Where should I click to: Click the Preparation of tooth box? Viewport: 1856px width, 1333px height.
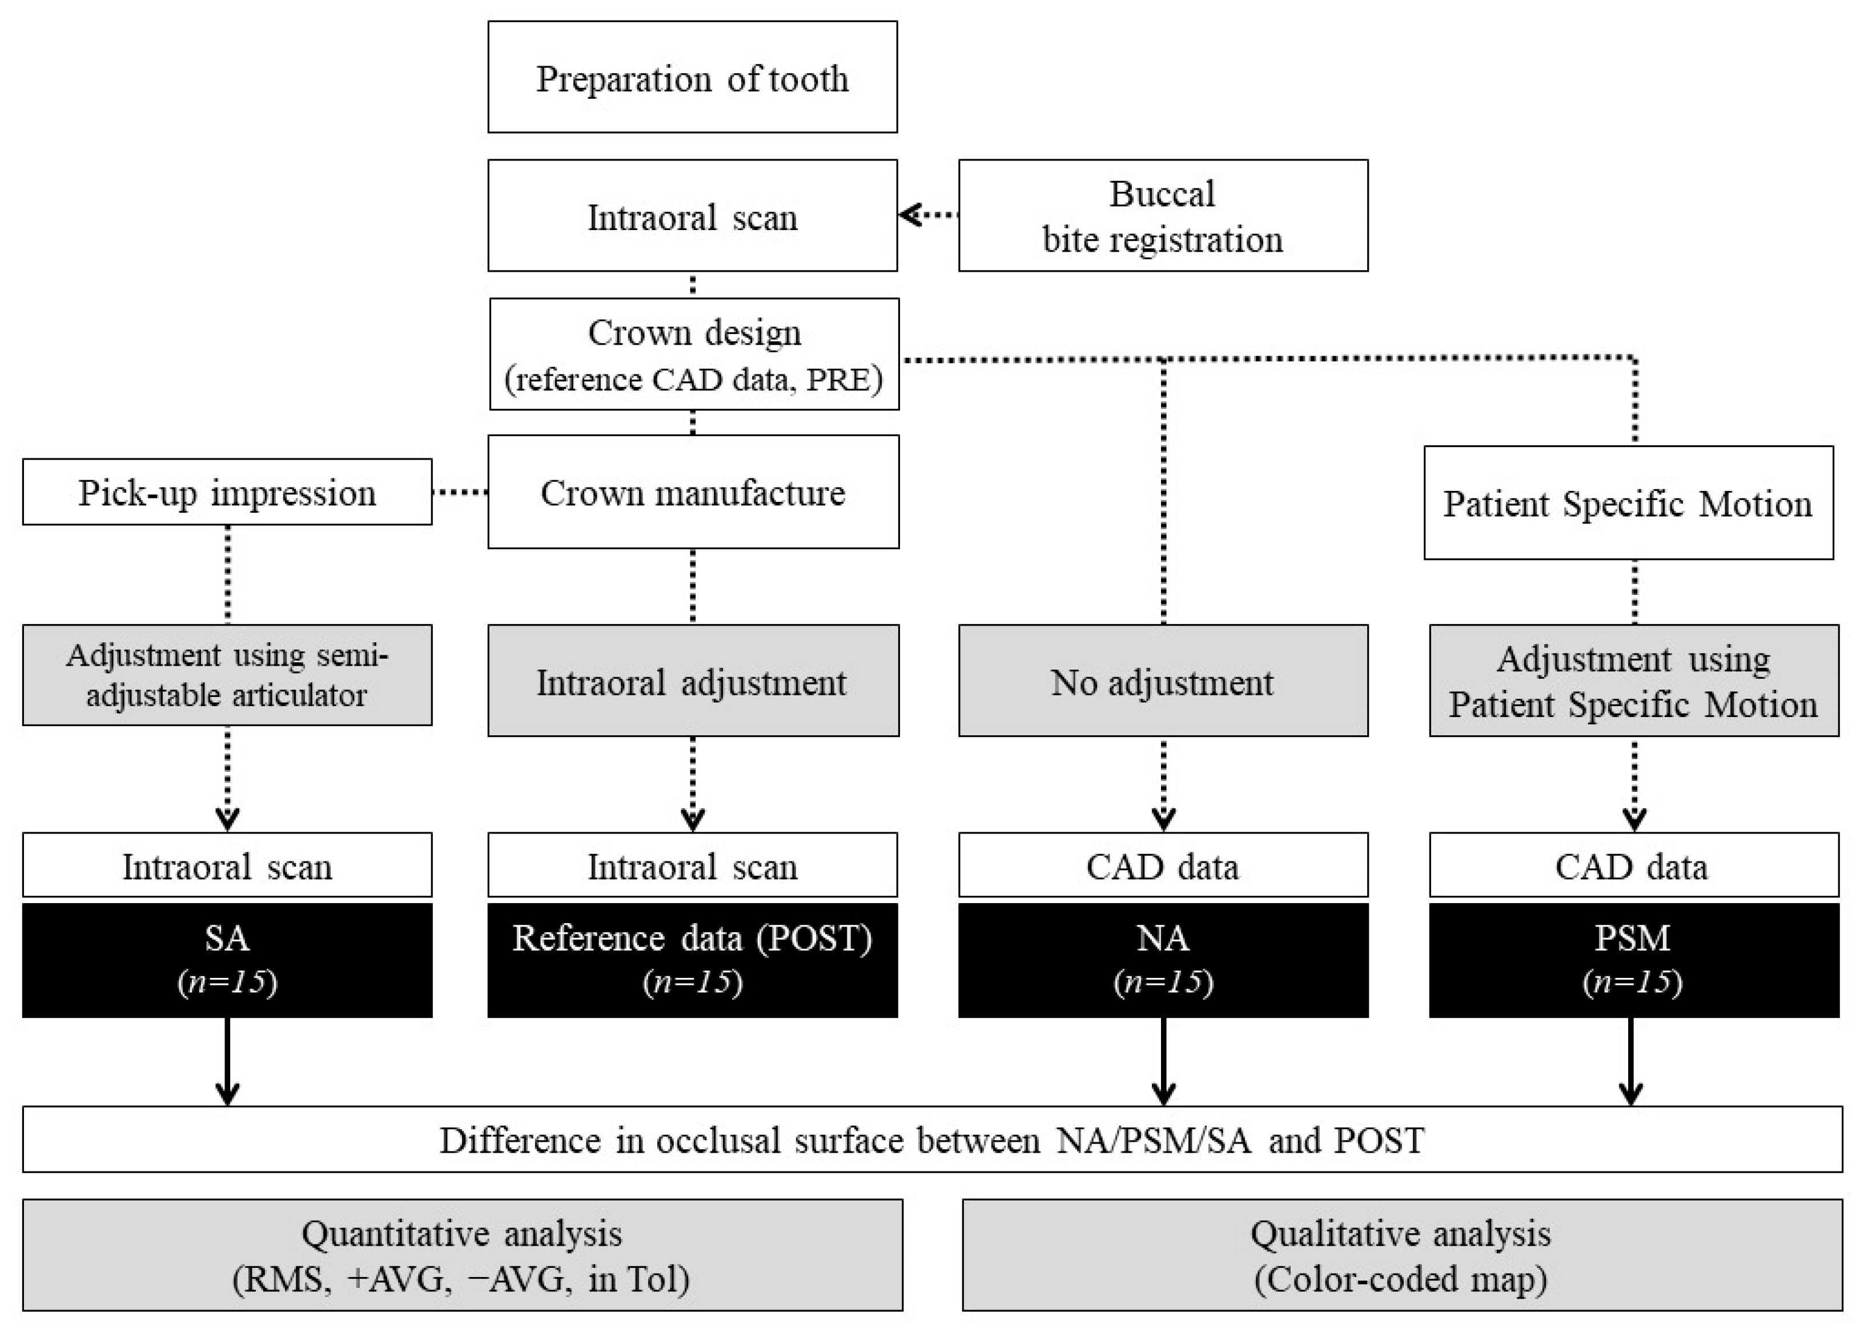pos(692,77)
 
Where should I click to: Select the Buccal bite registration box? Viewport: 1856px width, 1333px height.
pos(1162,215)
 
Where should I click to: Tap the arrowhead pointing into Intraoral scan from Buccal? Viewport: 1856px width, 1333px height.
pos(907,215)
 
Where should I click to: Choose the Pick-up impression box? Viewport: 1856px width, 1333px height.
pos(227,492)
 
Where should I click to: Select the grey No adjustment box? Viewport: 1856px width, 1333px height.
pos(1162,681)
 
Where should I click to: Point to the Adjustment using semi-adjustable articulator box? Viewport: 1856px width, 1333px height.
pos(227,675)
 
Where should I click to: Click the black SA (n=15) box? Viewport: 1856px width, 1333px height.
pos(227,959)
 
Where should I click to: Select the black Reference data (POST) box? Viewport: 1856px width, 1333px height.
pos(692,959)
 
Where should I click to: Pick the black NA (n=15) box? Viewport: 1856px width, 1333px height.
pos(1162,959)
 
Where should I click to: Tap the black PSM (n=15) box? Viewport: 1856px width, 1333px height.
pos(1633,959)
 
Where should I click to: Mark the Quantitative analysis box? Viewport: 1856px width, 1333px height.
pos(463,1254)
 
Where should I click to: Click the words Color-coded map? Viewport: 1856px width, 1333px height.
pos(1400,1279)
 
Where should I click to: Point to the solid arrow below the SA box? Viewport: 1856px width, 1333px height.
pos(227,1064)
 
